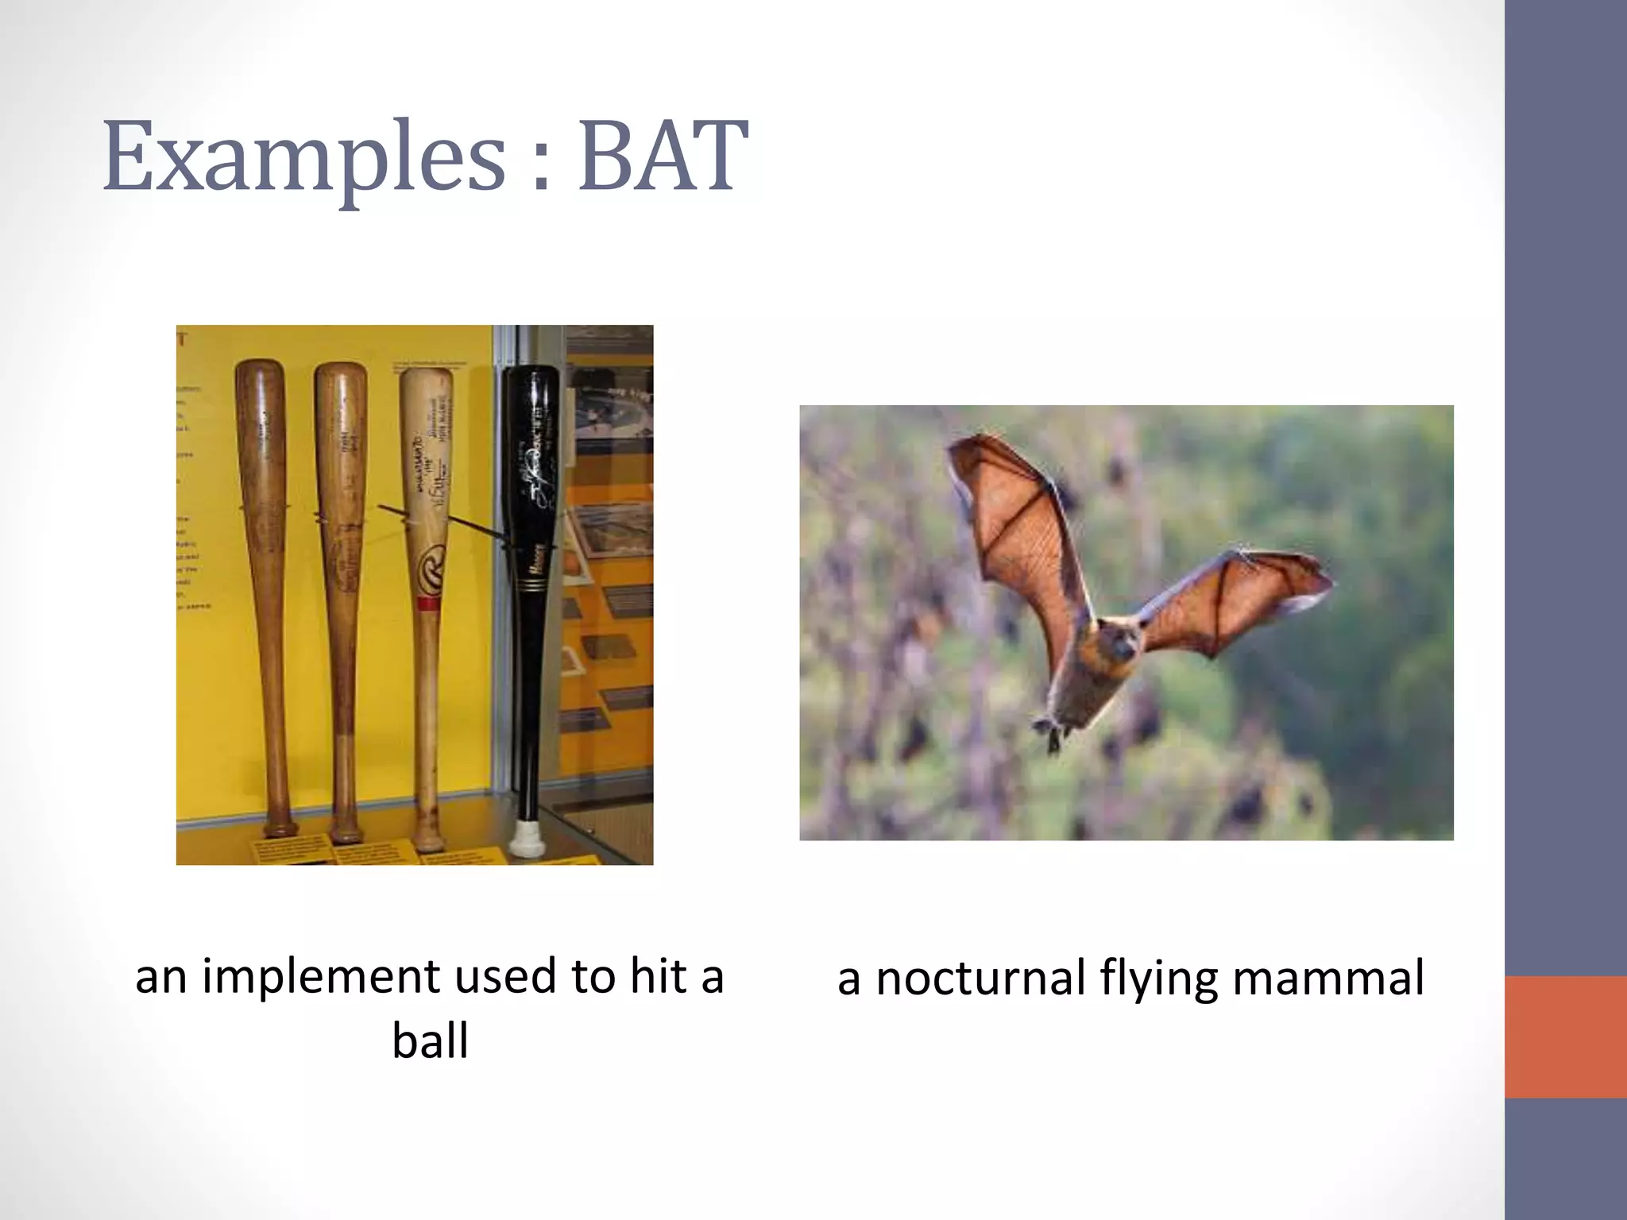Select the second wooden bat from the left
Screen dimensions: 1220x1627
(x=342, y=556)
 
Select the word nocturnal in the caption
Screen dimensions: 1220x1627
(x=981, y=979)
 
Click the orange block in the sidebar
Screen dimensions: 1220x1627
(x=1565, y=1037)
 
